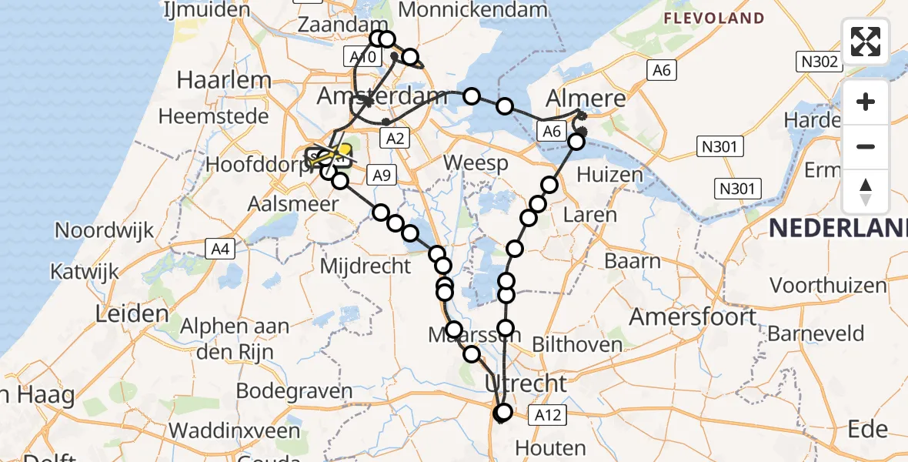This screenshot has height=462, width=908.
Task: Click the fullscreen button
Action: point(866,42)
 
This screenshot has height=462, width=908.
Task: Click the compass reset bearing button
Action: point(866,192)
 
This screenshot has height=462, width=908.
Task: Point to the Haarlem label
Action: point(224,80)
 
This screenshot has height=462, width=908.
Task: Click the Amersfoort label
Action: point(694,316)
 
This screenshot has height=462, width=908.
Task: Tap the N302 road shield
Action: point(819,62)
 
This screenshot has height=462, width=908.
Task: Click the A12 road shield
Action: point(548,416)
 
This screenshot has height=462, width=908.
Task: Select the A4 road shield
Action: point(220,248)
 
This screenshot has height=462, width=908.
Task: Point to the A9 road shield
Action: point(382,175)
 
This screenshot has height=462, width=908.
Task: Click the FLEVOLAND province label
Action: point(714,18)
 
